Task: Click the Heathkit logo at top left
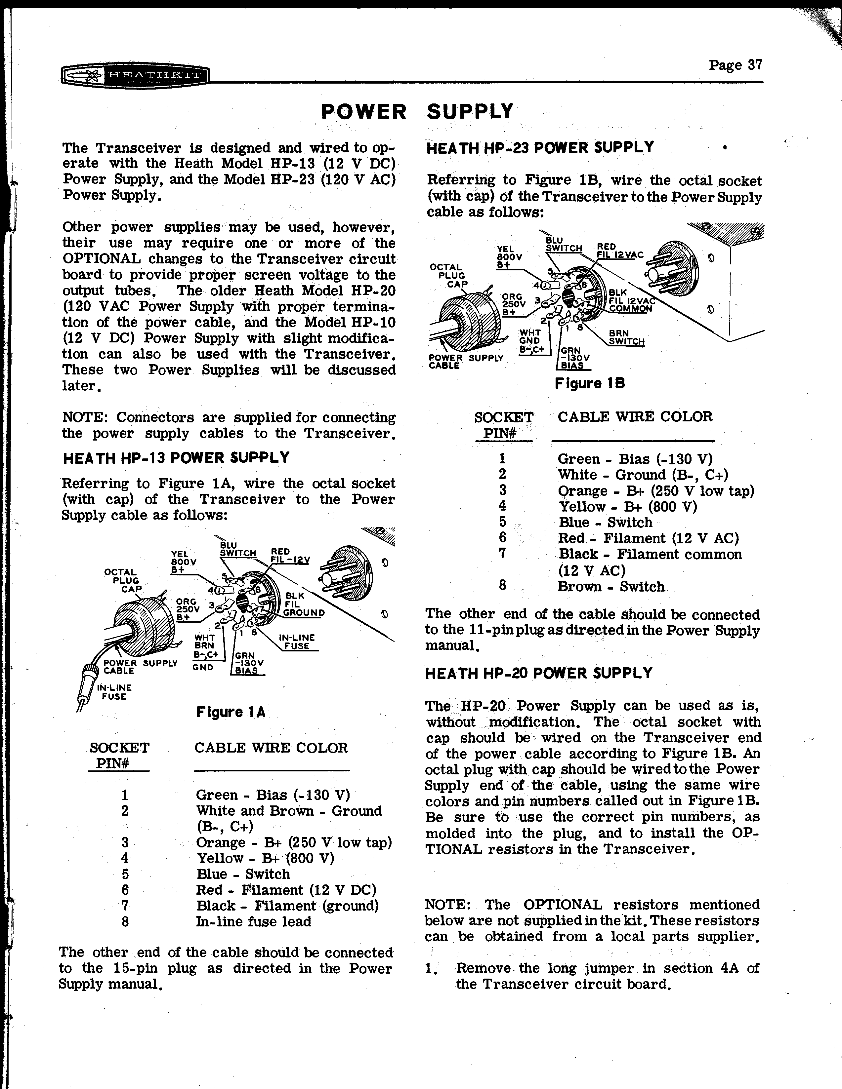135,77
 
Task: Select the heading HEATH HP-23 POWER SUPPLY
540,148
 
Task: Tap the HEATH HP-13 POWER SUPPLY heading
176,458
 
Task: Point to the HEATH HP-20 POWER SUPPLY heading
539,673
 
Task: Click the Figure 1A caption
231,712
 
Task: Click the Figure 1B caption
590,383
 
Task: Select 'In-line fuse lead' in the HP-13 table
253,921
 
